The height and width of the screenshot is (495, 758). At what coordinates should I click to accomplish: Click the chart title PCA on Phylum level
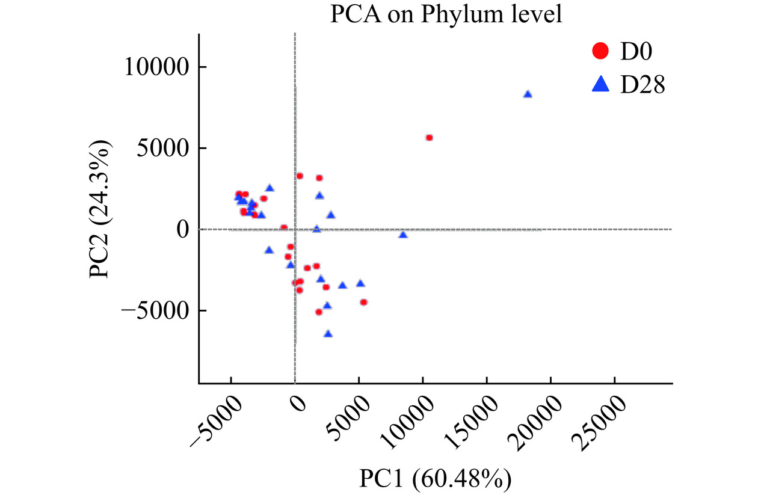(x=445, y=14)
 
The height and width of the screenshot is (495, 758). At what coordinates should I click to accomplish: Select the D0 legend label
(x=636, y=52)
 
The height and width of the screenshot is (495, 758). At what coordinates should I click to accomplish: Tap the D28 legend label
(x=642, y=85)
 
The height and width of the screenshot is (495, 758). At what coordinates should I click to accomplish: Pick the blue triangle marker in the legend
(x=600, y=86)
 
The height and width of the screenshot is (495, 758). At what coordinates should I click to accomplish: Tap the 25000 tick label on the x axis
(x=602, y=422)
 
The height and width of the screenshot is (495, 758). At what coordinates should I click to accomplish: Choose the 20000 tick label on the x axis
(x=538, y=422)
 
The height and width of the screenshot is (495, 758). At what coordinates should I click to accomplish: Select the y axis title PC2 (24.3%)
(x=100, y=209)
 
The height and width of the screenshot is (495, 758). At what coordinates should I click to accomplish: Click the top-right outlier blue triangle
(x=528, y=94)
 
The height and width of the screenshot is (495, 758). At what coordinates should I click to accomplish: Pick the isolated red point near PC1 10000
(x=429, y=138)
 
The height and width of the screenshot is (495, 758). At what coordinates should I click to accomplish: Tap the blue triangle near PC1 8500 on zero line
(x=403, y=235)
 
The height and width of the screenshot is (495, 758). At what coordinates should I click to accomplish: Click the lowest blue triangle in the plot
(x=328, y=334)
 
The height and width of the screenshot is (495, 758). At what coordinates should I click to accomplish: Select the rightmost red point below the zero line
(x=363, y=303)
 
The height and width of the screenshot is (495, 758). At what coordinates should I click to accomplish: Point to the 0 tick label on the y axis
(x=182, y=229)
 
